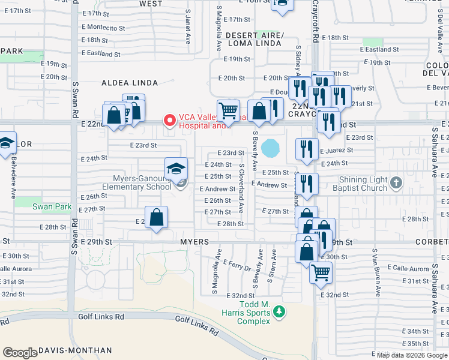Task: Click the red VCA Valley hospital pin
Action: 169,121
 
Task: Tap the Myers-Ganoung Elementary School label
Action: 136,182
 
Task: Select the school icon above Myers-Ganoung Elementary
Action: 176,169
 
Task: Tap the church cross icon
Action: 396,182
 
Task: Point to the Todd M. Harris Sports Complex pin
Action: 279,311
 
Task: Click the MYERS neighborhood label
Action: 194,241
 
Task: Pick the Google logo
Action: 20,353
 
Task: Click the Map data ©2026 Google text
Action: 412,355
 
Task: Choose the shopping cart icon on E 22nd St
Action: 228,110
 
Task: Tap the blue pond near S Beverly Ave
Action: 270,147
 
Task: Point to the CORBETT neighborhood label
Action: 430,241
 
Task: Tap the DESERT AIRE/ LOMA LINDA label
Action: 254,40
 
